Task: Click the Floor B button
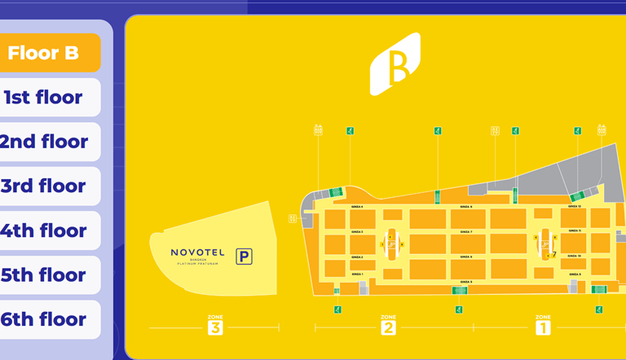(x=51, y=54)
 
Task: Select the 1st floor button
(x=51, y=98)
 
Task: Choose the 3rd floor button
(x=51, y=187)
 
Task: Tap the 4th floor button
(x=51, y=230)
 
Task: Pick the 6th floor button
(x=51, y=319)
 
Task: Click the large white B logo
(x=395, y=64)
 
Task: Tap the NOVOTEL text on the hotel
(x=198, y=252)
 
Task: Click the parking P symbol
(x=244, y=257)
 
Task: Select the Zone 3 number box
(x=215, y=327)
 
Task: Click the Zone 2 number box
(x=388, y=327)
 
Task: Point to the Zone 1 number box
(x=543, y=327)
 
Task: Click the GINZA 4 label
(x=357, y=207)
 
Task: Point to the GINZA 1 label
(x=357, y=274)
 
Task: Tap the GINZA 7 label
(x=465, y=232)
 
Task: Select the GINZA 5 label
(x=465, y=282)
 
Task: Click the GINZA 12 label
(x=575, y=207)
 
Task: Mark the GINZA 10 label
(x=575, y=256)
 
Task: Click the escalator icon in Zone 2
(x=392, y=242)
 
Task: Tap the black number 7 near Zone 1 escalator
(x=553, y=255)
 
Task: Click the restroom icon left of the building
(x=292, y=218)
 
